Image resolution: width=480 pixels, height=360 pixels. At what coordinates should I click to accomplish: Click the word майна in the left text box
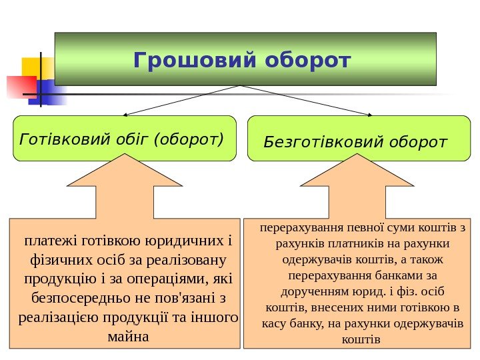pyautogui.click(x=128, y=335)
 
